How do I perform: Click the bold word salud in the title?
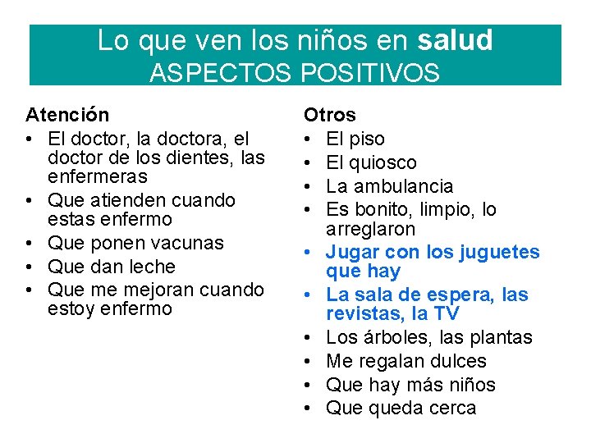click(455, 40)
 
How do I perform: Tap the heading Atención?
click(67, 114)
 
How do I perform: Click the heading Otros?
click(330, 115)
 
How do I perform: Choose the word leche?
click(147, 267)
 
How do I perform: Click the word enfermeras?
click(98, 176)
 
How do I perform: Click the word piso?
click(367, 139)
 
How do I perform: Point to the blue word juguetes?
click(497, 252)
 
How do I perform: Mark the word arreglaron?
click(370, 229)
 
